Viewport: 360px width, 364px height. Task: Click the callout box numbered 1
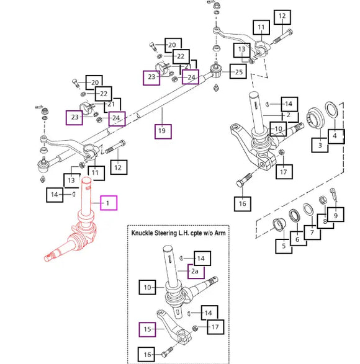pos(109,203)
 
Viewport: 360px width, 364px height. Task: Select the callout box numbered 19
pos(163,131)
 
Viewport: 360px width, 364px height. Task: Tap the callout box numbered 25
pos(238,71)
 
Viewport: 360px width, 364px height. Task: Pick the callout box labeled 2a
pos(196,271)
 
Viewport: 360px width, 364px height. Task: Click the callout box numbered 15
pos(147,329)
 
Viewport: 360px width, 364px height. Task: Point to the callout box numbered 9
pos(335,215)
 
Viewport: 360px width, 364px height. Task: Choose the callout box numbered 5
pos(284,246)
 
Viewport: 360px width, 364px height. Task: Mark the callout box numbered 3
pos(320,145)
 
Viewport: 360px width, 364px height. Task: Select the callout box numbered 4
pos(336,136)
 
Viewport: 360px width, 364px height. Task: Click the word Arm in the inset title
pos(220,233)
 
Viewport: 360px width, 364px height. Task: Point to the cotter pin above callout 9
pos(333,195)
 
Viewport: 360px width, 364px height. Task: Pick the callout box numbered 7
pos(312,233)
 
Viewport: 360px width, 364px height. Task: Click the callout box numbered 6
pos(298,239)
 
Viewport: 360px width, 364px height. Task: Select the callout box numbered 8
pos(325,221)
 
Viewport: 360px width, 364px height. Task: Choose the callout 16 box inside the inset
pos(146,355)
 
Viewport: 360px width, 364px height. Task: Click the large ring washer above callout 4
pos(331,110)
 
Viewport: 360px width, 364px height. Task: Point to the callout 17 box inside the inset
pos(215,327)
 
